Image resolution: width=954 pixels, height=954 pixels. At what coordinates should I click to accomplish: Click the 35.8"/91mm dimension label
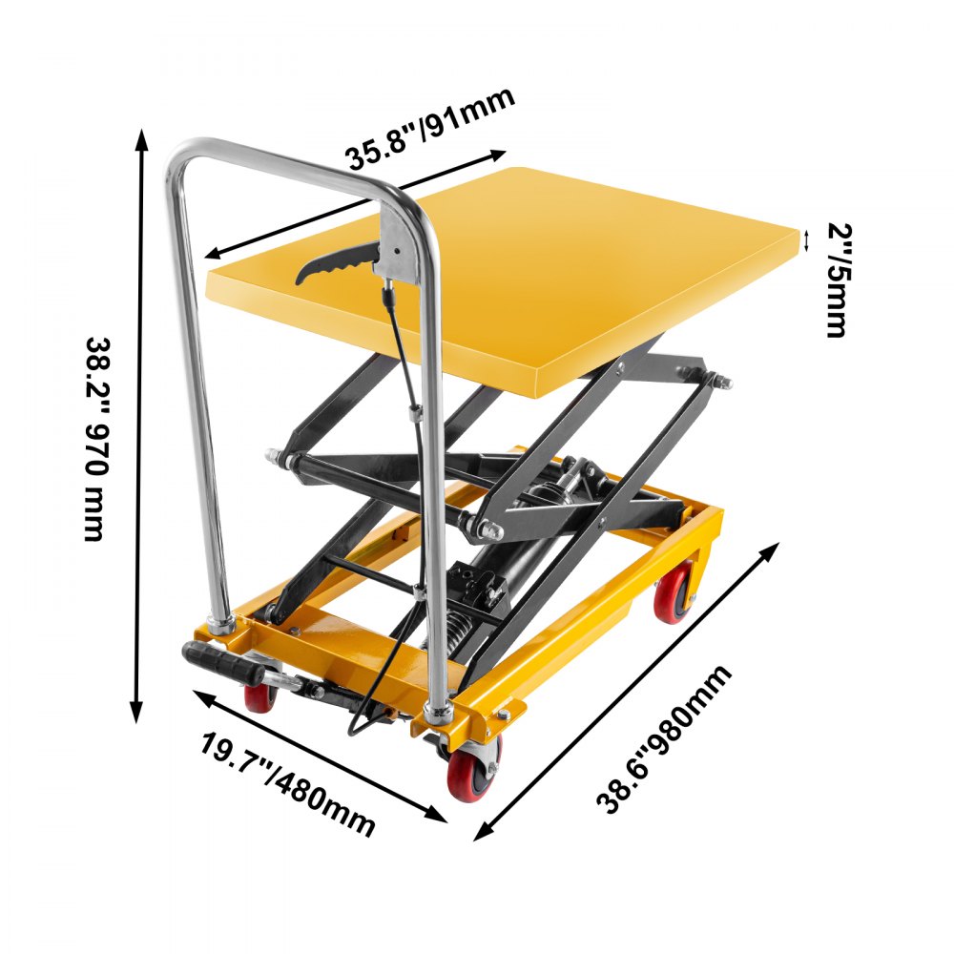(429, 129)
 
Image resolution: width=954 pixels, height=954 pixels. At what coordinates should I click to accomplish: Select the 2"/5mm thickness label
(836, 280)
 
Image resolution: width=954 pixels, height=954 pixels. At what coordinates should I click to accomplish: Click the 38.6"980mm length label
(665, 739)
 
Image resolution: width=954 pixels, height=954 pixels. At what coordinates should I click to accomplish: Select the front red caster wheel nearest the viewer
(473, 768)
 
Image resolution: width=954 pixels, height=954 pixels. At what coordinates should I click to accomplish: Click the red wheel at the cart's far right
(675, 591)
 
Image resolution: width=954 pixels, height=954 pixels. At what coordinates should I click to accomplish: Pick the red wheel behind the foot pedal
(260, 696)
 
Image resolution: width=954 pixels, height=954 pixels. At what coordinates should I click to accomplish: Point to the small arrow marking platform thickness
(807, 240)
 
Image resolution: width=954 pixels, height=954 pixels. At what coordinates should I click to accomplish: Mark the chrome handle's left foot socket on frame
(223, 624)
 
